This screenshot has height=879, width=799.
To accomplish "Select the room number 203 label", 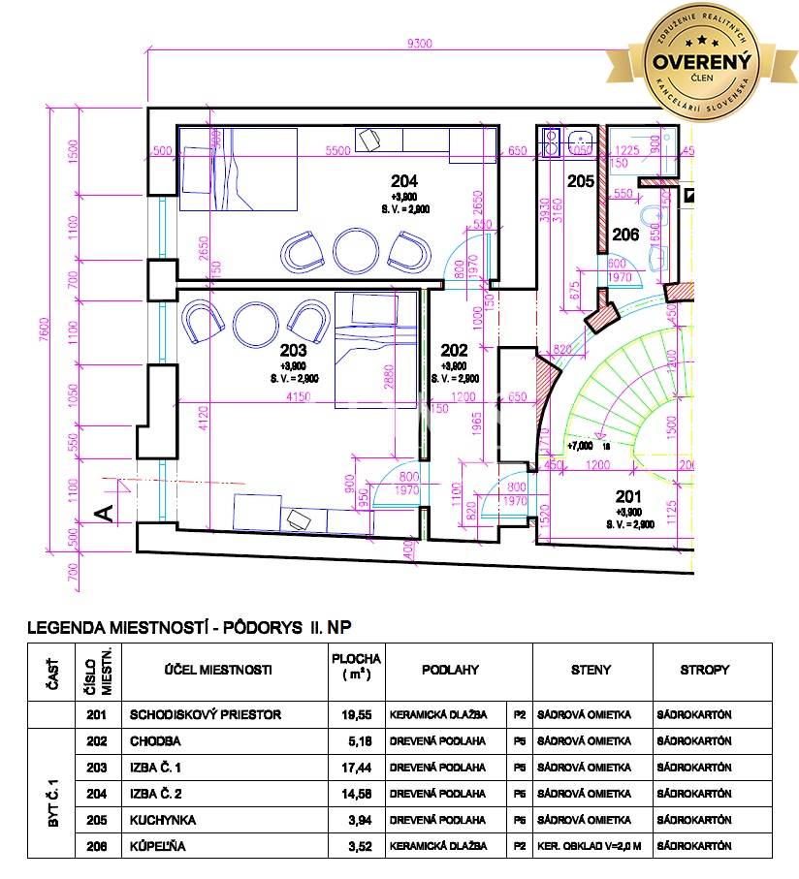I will (293, 351).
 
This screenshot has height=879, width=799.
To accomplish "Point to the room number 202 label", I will (454, 351).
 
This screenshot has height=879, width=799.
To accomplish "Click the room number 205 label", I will (580, 181).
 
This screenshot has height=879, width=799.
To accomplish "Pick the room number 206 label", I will (625, 234).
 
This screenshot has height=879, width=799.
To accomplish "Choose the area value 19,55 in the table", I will (356, 714).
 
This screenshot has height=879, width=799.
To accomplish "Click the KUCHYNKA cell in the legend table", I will (162, 820).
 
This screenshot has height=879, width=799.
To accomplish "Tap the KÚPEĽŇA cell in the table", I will (157, 846).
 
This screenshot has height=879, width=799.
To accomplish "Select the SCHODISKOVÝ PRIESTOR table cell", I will (206, 714).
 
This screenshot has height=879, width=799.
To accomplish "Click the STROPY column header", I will (705, 670).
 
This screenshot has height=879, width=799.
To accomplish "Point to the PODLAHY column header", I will (450, 670).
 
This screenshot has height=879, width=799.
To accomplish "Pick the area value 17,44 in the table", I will (356, 767).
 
